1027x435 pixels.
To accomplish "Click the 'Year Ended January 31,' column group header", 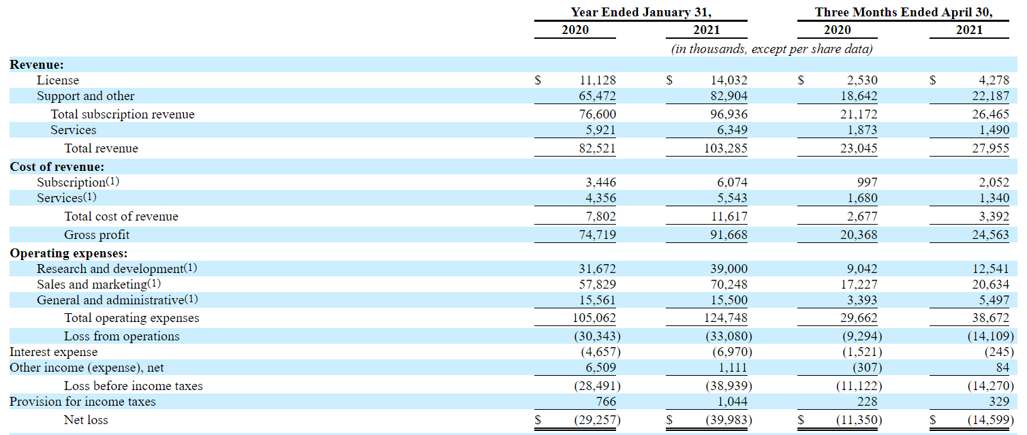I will click(641, 12).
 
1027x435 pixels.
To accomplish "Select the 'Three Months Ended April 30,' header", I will click(903, 12).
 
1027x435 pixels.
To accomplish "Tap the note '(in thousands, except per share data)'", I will click(771, 49).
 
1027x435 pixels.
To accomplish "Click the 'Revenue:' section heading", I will click(37, 65).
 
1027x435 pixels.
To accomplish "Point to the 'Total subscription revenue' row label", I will click(123, 114).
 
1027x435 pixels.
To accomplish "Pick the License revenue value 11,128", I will click(597, 80).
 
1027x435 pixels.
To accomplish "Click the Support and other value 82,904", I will click(729, 96).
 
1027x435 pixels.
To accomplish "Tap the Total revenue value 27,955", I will click(990, 148).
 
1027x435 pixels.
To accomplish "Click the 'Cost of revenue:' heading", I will click(57, 167).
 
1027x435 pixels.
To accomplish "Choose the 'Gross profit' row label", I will click(97, 235).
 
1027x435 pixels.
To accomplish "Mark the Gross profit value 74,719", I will click(597, 235).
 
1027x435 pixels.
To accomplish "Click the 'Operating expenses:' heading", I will click(69, 253).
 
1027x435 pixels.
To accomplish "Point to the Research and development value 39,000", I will click(729, 269).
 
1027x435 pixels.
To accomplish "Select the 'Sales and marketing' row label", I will click(91, 285).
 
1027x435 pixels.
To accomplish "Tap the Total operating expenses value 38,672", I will click(990, 318).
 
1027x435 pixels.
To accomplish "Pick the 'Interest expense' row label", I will click(53, 352).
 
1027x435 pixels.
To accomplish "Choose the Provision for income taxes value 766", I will click(606, 402).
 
